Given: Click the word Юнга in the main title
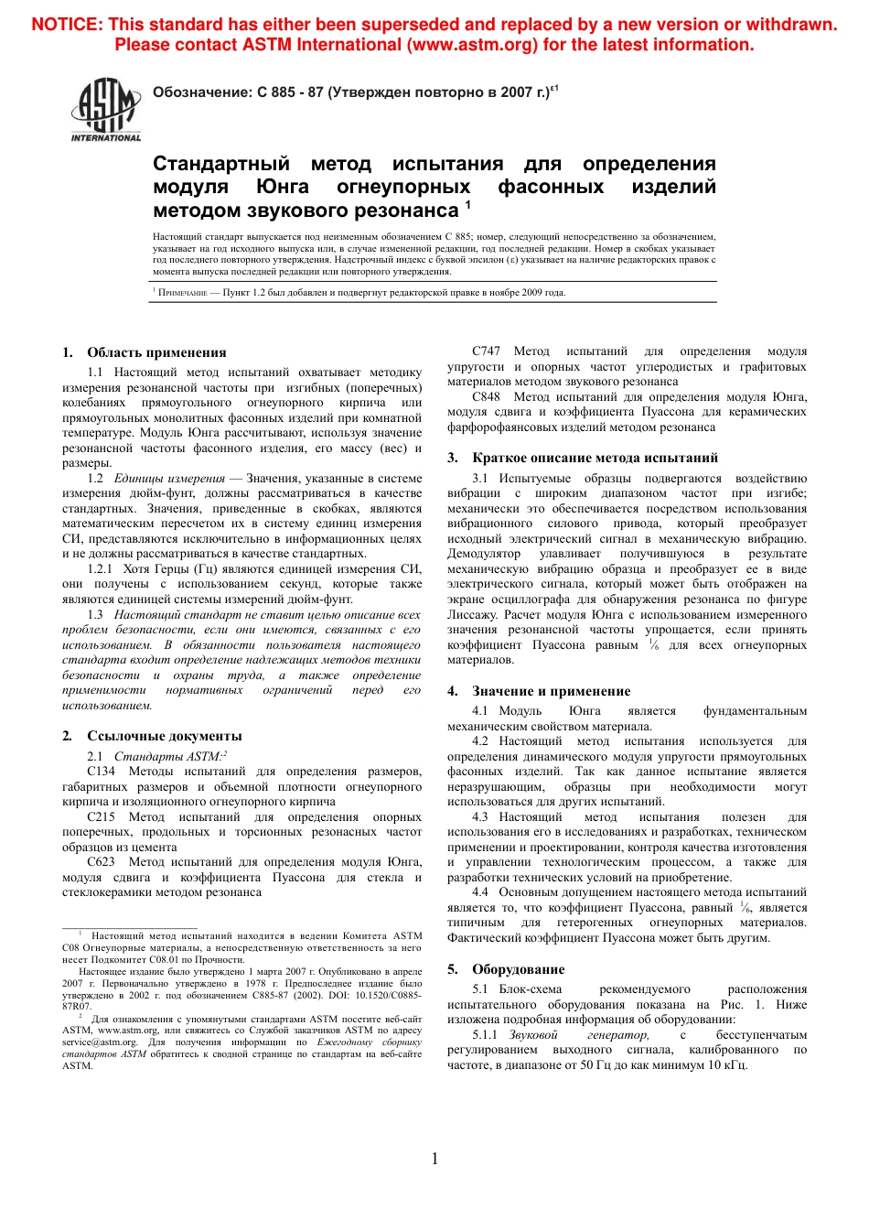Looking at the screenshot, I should click(282, 187).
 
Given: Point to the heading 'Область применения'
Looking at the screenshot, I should click(156, 352).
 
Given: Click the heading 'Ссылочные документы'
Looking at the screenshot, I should click(165, 736).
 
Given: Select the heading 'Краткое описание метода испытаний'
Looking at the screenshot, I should click(595, 458).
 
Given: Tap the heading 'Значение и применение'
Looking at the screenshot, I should click(551, 691).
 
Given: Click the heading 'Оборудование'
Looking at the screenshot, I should click(518, 969).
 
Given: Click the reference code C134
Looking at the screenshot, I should click(102, 772).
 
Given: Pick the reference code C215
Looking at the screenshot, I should click(102, 817).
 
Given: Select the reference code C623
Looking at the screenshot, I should click(102, 862).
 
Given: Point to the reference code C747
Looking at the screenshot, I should click(487, 351).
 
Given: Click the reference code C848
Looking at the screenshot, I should click(487, 397).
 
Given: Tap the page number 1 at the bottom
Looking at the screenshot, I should click(434, 1159).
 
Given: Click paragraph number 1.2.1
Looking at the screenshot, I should click(101, 569).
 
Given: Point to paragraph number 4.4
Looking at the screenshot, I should click(480, 892).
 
